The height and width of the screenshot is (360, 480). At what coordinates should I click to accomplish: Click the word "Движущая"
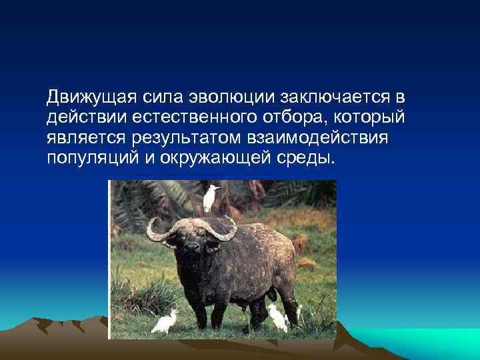pyautogui.click(x=90, y=97)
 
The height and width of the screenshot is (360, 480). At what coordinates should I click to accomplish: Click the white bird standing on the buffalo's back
pyautogui.click(x=211, y=197)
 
